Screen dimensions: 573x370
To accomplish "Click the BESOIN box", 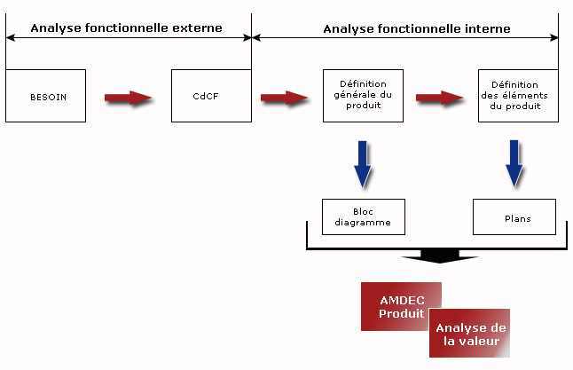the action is tap(45, 96).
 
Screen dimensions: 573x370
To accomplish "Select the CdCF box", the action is tap(211, 96).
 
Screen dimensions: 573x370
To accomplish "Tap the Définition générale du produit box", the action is tap(364, 96).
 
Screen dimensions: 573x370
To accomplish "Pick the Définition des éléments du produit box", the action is tap(518, 96).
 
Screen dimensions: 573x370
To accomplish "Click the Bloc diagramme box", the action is tap(364, 216).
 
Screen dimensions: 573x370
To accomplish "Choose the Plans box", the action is tap(514, 216).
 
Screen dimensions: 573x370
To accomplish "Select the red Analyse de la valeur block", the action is tap(469, 333).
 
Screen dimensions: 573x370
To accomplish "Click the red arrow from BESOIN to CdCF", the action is tap(128, 98).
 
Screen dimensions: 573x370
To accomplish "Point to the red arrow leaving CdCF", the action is tap(284, 98).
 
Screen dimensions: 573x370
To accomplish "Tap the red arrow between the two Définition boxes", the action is tap(439, 98).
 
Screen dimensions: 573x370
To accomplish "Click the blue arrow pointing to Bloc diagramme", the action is tap(363, 164).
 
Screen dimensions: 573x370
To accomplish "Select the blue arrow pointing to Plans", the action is tap(514, 163).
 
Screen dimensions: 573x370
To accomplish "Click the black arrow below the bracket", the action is tap(440, 256).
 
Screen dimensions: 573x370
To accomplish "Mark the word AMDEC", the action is tap(403, 300).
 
